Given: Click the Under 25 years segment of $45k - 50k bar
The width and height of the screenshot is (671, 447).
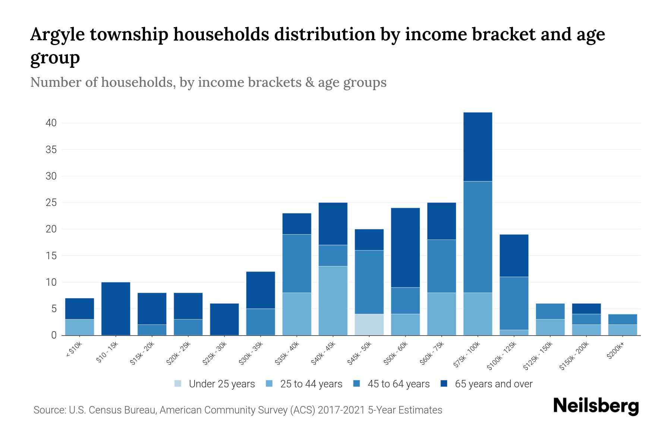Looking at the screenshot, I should (369, 324).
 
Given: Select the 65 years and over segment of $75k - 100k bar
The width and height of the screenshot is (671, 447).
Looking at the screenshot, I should (478, 147).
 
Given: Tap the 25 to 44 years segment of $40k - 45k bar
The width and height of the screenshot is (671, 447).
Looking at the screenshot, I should (333, 301).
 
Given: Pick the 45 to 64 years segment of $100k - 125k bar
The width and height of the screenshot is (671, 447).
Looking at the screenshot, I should (514, 303).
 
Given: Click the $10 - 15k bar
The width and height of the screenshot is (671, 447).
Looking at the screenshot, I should (116, 308).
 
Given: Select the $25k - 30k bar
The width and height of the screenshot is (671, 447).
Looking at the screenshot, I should (224, 319).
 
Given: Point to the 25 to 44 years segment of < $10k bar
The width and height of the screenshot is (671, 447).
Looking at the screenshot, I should (79, 327).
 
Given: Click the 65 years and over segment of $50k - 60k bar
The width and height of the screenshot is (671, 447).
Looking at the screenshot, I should (405, 247).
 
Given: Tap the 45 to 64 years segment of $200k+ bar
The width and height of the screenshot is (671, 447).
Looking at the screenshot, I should (622, 319).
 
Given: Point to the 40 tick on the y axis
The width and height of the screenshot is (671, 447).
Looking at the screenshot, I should (51, 123).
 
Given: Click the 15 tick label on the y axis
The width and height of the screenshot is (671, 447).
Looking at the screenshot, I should (51, 256).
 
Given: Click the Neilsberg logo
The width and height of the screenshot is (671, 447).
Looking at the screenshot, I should (596, 406).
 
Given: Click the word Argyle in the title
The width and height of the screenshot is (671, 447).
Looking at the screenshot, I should (57, 34).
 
